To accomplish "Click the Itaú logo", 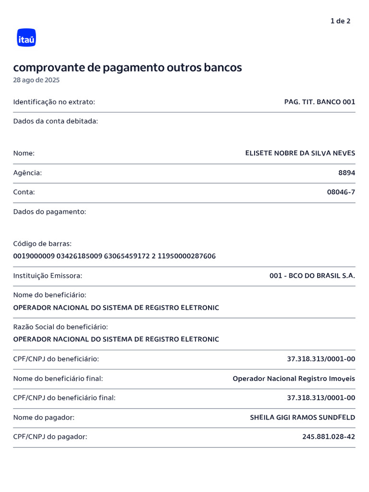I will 26,38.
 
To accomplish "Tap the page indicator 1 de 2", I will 340,21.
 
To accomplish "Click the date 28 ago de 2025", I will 37,80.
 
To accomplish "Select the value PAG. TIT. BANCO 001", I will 320,102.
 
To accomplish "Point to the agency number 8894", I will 346,173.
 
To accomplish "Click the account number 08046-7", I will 341,192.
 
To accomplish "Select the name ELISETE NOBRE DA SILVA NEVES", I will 300,153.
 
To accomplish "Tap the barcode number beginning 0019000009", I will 114,256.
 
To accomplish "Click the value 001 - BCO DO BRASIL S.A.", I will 312,276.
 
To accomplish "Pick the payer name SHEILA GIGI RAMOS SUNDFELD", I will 302,418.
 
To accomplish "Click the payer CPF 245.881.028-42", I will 329,437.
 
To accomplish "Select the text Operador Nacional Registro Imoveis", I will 294,379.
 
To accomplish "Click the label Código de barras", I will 42,244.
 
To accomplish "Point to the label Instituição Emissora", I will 48,276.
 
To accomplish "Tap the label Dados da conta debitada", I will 55,121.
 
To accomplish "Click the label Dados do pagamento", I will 49,212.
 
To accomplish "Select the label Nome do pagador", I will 44,418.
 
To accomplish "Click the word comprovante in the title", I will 49,68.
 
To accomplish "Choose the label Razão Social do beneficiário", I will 61,327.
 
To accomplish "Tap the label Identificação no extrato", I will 54,102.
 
